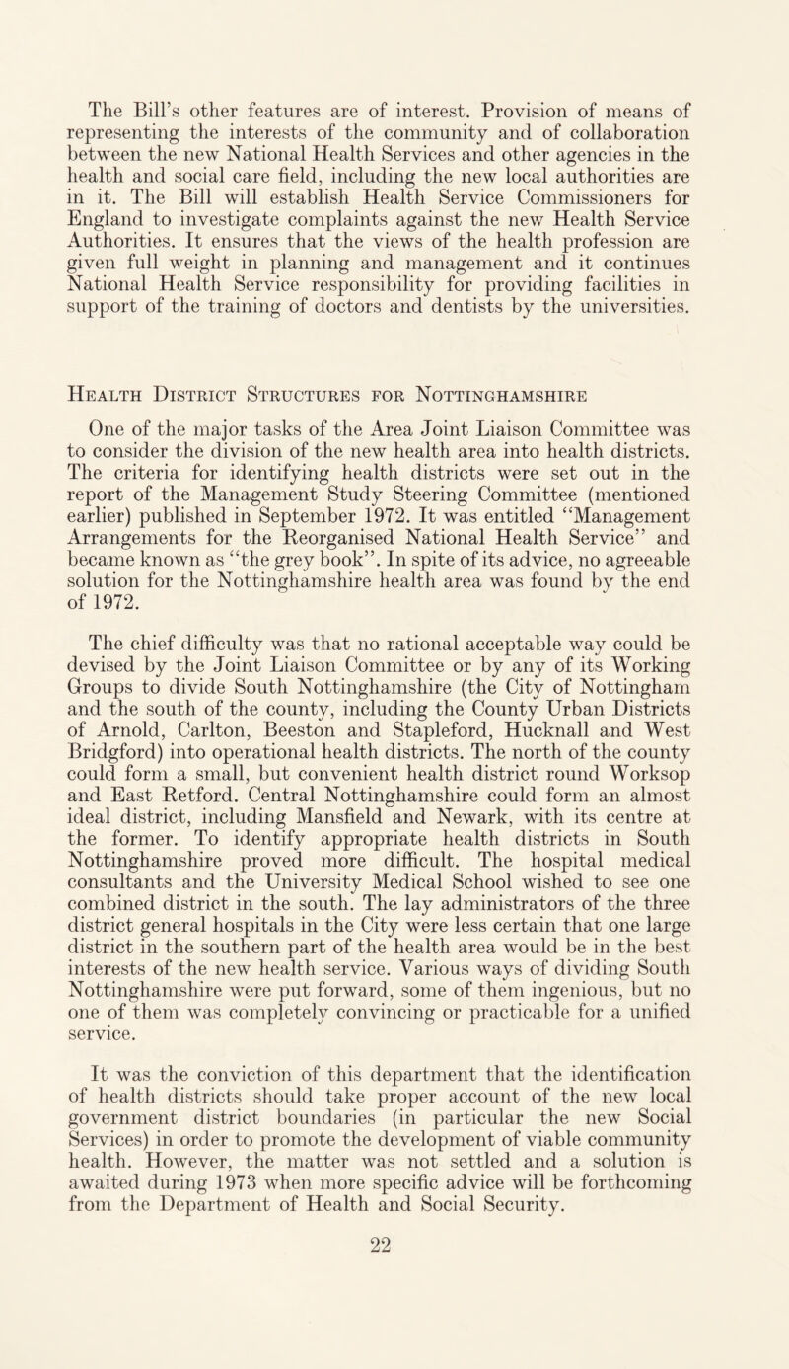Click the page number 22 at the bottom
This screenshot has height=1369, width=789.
394,1332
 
